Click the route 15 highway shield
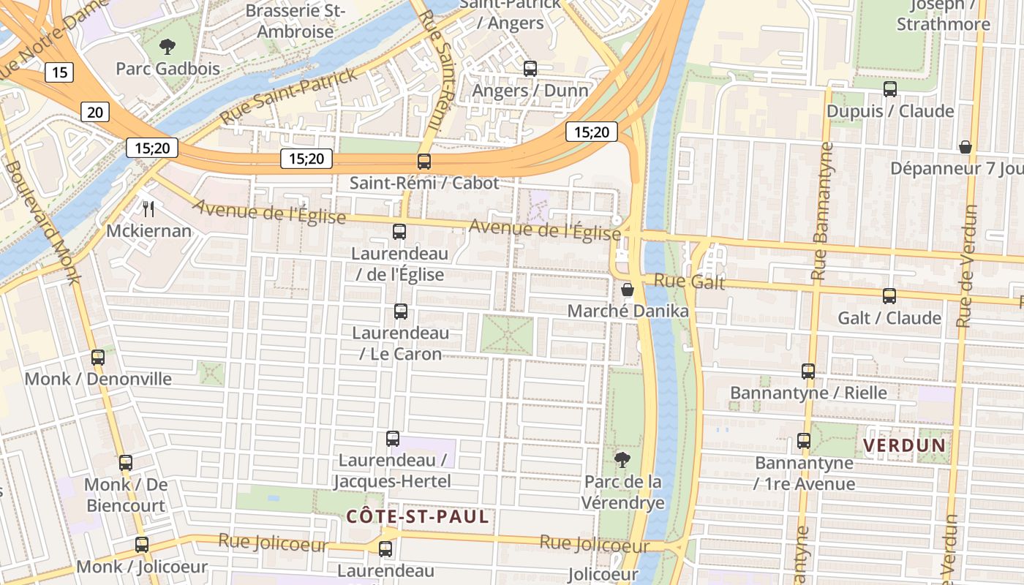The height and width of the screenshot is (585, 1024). pos(59,72)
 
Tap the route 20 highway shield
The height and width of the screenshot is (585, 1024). pos(95,111)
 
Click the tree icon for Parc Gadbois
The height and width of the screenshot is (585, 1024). pos(167,48)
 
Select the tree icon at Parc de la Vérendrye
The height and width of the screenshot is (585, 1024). pos(622,460)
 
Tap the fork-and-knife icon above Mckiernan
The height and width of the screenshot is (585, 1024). pos(149,209)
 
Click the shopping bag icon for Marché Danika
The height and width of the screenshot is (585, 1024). pos(628,290)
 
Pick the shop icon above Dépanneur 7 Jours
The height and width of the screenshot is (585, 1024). pos(965,147)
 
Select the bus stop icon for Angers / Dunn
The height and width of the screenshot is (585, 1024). pos(530,69)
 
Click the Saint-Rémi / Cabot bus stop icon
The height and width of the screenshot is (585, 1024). pos(424,162)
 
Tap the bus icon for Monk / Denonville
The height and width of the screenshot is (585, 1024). pos(98,358)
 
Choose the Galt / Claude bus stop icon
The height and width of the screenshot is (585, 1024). pos(889,296)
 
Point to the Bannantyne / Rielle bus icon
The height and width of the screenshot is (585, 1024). pos(808,371)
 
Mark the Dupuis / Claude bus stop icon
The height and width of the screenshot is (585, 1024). pos(890,89)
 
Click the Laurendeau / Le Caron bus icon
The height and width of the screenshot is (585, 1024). pos(401,312)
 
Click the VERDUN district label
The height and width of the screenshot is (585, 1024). pos(905,445)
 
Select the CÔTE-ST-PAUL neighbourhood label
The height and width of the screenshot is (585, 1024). pos(417,517)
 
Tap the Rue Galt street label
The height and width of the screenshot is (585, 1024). pos(689,282)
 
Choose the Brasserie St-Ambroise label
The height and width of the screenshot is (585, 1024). pos(295,21)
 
